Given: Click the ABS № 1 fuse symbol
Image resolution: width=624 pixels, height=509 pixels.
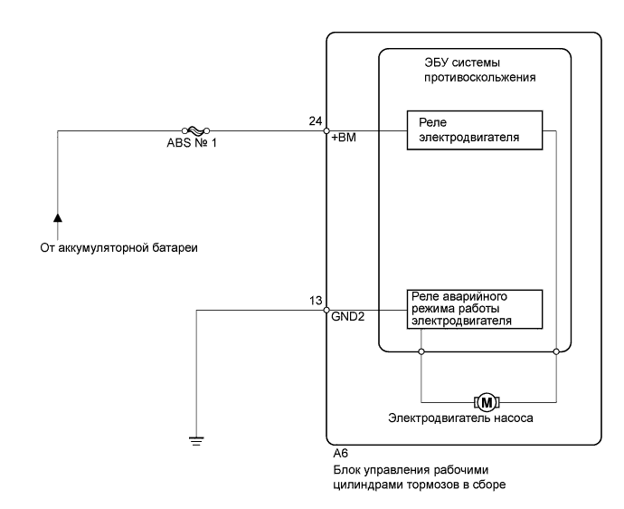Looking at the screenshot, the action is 195,130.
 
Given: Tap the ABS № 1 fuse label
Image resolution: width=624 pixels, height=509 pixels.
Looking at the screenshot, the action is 192,143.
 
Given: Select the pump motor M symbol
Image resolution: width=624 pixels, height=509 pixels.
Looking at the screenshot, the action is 487,402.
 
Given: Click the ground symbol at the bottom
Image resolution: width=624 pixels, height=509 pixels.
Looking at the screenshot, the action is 196,441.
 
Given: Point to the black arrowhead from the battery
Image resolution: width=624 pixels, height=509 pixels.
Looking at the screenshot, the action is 58,217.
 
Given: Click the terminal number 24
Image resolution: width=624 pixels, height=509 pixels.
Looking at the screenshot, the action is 316,120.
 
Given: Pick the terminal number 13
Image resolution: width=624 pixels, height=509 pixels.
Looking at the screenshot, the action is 316,301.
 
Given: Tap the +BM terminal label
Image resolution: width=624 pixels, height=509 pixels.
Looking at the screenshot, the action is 344,138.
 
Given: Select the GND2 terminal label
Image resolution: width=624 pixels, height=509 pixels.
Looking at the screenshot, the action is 348,316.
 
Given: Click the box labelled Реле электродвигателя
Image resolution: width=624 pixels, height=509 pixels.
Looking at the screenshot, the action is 475,130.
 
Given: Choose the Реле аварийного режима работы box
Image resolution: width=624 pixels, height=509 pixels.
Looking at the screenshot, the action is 475,310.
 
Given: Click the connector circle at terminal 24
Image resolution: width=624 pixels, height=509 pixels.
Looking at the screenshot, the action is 326,130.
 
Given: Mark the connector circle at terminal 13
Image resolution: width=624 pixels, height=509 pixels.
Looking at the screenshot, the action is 326,310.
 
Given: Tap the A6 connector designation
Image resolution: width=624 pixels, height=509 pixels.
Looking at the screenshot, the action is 341,454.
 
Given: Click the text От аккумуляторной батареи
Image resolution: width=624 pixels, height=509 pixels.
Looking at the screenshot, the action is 119,248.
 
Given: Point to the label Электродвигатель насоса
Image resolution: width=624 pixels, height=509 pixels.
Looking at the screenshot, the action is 460,418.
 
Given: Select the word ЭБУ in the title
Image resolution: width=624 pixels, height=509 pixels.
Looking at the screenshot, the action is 437,62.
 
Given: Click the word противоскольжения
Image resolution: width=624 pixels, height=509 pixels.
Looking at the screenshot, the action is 480,78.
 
